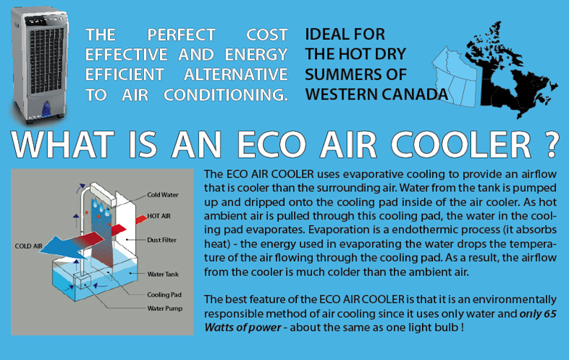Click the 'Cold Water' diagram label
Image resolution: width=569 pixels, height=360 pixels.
tap(163, 195)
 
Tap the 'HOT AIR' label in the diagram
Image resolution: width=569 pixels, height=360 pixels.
tap(158, 216)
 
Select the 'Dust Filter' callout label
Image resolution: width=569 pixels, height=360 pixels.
tap(161, 240)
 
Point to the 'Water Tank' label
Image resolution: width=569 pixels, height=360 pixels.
tap(163, 274)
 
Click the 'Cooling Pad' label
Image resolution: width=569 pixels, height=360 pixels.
tap(164, 294)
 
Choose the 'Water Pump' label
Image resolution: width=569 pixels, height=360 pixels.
tap(165, 308)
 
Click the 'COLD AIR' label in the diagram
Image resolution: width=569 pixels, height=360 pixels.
tap(29, 246)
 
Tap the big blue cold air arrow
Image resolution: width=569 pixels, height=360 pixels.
tap(66, 247)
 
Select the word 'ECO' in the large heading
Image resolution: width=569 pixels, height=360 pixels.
tap(272, 145)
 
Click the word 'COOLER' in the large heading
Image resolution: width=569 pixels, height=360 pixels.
tap(461, 145)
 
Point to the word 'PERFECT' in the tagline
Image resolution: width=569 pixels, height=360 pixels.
tap(182, 35)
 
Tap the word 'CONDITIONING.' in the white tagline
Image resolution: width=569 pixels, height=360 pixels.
tap(225, 95)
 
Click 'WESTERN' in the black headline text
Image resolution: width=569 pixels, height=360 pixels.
tap(341, 94)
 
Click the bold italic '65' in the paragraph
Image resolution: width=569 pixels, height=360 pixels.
tap(550, 313)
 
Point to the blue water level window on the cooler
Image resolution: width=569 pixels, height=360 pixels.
tap(47, 109)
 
